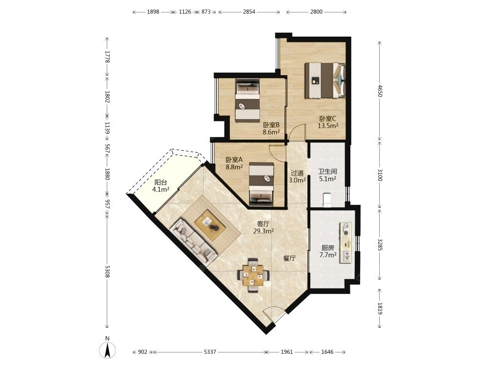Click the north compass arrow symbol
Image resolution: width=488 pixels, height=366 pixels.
pos(107,349)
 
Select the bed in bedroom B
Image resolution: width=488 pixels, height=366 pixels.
pos(247,100)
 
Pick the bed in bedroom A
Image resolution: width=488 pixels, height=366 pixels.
pos(262,184)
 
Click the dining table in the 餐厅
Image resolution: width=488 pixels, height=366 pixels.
pos(254,275)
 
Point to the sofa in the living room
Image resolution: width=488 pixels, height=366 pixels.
pos(193,240)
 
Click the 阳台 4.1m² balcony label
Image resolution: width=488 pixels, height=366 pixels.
pos(161,186)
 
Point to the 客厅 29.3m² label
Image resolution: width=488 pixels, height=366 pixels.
pos(264,227)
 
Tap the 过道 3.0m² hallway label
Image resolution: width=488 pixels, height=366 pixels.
pos(297,176)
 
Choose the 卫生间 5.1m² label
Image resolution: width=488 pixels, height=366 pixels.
pos(327,175)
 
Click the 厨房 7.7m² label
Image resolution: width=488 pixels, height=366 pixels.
pos(328,251)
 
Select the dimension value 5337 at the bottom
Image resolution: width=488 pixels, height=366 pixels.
pos(210,352)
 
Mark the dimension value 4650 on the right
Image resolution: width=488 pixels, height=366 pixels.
pos(379,91)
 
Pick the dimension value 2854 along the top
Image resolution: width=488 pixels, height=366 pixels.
pos(249,12)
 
